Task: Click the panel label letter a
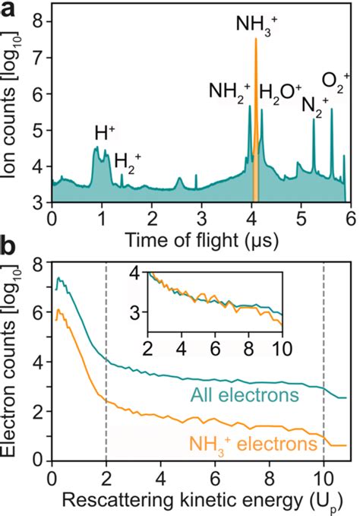pyautogui.click(x=11, y=10)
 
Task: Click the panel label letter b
pyautogui.click(x=11, y=247)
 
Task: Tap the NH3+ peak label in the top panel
pyautogui.click(x=256, y=24)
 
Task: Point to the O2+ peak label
pyautogui.click(x=336, y=81)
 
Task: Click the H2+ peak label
pyautogui.click(x=128, y=160)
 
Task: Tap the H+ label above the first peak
pyautogui.click(x=105, y=134)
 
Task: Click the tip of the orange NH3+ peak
pyautogui.click(x=256, y=40)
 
